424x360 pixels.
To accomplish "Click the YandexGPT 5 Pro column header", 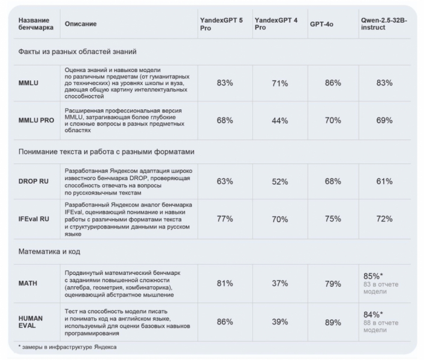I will pos(221,24).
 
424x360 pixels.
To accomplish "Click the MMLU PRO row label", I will pos(36,121).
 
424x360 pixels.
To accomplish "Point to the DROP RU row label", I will pos(34,181).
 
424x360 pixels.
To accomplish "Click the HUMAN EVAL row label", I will pos(31,322).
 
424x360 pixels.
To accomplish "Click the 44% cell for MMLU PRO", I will pos(280,121).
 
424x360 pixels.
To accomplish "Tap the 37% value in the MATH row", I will pos(280,284).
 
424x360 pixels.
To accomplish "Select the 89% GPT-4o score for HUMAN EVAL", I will pos(333,322).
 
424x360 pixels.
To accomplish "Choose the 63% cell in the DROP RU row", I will pos(225,181).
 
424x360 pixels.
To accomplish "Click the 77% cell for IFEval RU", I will pos(225,219).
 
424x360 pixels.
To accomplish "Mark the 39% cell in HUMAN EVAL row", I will pos(280,322).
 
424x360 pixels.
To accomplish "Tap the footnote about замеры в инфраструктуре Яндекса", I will pos(67,347).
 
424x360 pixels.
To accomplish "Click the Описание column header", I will pos(81,24).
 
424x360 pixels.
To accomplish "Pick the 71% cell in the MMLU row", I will pos(280,83).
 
